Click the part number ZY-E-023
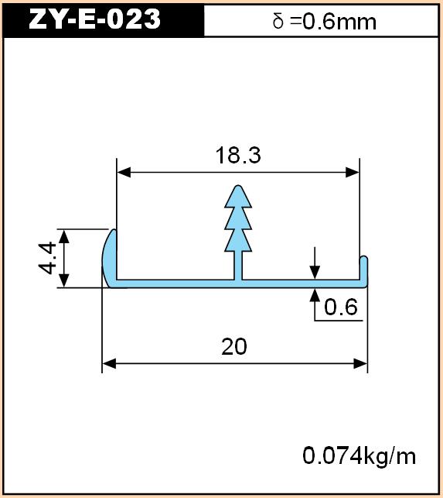coord(94,19)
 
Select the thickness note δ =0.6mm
coord(325,22)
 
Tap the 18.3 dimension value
coord(238,155)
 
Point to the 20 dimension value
coord(234,346)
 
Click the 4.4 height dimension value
coord(48,258)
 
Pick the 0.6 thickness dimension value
coord(341,307)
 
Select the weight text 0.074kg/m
coord(359,456)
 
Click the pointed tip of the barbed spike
coord(238,186)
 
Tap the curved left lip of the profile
coord(109,258)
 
